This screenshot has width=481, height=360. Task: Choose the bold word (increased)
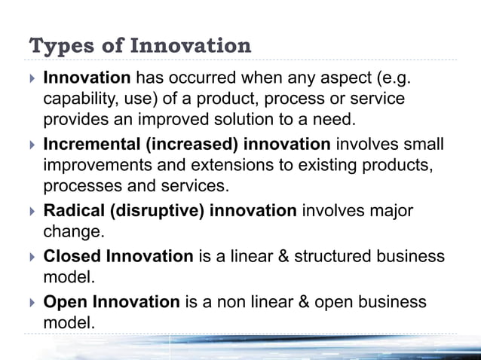click(172, 145)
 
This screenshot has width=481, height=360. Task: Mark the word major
click(386, 211)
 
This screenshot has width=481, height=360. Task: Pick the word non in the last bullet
click(225, 301)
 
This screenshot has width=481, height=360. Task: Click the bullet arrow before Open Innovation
click(30, 302)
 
